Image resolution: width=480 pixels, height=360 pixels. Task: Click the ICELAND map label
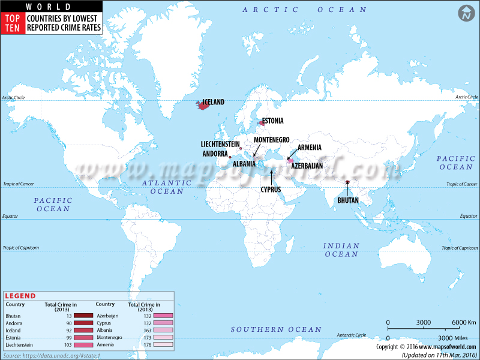pos(214,102)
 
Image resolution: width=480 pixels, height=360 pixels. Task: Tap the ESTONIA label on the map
pos(273,121)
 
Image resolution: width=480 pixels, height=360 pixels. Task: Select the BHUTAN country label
pos(348,200)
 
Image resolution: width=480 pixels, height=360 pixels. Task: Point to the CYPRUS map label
pos(271,189)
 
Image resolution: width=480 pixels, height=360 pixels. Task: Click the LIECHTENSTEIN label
pos(220,145)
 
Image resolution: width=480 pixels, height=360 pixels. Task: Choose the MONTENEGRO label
pos(272,140)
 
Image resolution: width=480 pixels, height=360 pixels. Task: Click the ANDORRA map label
pos(215,153)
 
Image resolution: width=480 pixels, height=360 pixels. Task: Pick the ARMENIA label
pos(310,148)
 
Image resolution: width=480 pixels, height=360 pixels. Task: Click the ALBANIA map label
pos(244,163)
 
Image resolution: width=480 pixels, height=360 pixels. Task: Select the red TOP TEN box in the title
pos(13,23)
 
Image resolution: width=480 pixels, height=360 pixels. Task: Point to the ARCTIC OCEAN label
pos(304,10)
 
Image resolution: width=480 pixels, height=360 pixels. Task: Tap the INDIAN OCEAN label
pos(341,250)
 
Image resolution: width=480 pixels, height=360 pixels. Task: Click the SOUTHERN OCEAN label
pos(277,329)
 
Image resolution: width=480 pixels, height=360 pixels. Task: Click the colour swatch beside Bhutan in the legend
pos(83,316)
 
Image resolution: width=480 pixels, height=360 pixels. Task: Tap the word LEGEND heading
pos(20,296)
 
